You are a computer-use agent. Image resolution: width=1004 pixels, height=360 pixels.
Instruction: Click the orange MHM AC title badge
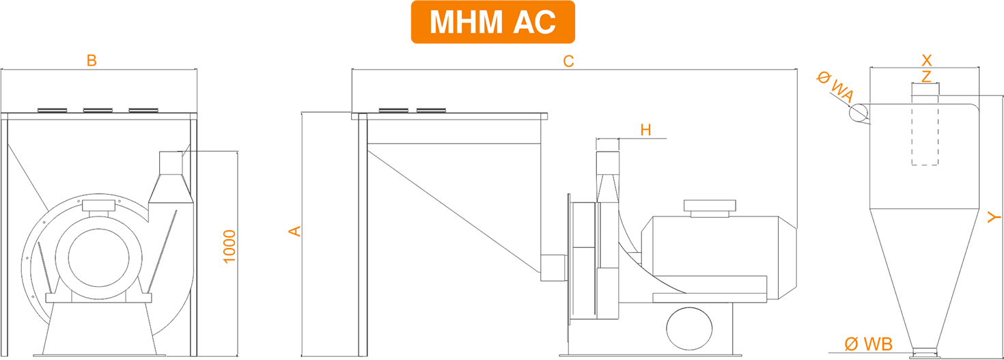(492, 22)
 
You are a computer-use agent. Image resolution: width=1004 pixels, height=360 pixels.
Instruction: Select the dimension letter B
(92, 61)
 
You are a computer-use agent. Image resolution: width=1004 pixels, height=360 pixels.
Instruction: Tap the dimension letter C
(568, 61)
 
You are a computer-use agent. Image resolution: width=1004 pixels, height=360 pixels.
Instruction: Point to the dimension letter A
(294, 231)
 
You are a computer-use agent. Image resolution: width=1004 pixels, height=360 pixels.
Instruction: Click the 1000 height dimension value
(229, 247)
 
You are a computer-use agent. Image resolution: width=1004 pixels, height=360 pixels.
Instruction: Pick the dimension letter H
(645, 130)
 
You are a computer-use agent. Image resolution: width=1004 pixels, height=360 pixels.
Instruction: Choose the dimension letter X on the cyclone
(926, 60)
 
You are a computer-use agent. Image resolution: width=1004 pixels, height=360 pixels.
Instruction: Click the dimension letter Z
(926, 77)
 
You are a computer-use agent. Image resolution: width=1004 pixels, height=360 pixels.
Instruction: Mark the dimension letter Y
(994, 217)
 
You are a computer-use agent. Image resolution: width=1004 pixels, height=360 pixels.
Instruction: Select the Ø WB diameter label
(868, 344)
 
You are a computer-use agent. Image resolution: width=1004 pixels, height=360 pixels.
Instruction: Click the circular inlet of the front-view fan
(98, 258)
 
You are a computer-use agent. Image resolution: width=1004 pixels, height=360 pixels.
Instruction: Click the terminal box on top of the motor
(710, 208)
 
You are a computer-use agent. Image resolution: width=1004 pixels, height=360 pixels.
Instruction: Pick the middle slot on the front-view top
(98, 110)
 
